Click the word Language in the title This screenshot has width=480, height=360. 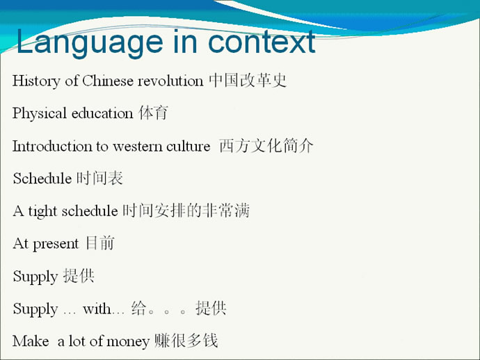[x=90, y=43]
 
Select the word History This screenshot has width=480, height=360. [x=36, y=81]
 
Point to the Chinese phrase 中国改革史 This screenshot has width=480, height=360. [x=248, y=81]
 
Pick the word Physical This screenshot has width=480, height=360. [x=40, y=113]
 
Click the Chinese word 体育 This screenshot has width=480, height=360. [x=153, y=113]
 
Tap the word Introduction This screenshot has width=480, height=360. [x=52, y=146]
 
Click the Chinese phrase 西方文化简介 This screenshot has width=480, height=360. [x=266, y=145]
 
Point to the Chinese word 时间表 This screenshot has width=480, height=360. [x=99, y=178]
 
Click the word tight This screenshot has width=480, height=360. [x=43, y=211]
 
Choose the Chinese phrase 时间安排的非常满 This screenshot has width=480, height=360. [x=186, y=211]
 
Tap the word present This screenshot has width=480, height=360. [x=56, y=244]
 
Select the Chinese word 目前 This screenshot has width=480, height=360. [x=100, y=243]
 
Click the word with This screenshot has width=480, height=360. [x=97, y=309]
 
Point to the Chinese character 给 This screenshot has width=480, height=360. [x=138, y=308]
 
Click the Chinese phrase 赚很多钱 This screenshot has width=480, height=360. [x=186, y=341]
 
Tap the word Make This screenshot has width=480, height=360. [x=31, y=341]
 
